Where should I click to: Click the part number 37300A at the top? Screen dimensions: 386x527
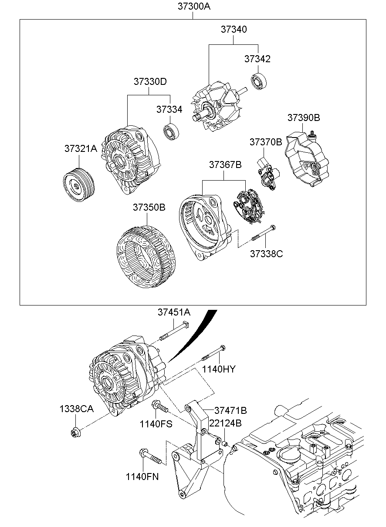pyautogui.click(x=194, y=7)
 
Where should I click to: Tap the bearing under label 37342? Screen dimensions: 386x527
pyautogui.click(x=259, y=82)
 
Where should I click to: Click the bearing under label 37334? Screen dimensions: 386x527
pyautogui.click(x=171, y=132)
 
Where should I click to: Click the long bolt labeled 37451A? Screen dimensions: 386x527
pyautogui.click(x=175, y=332)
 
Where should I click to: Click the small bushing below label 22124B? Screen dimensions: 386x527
pyautogui.click(x=225, y=444)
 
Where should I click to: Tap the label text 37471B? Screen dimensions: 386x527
pyautogui.click(x=230, y=410)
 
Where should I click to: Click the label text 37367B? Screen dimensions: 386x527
pyautogui.click(x=225, y=164)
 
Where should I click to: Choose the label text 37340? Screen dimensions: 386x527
pyautogui.click(x=234, y=29)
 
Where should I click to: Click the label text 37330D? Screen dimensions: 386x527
pyautogui.click(x=150, y=82)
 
